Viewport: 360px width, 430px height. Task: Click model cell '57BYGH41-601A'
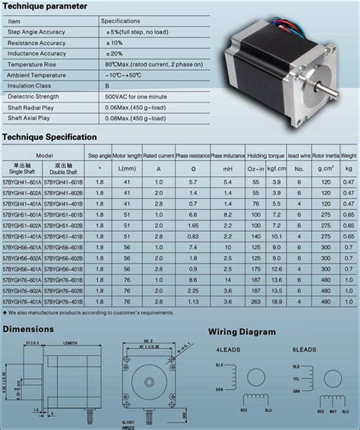click(x=22, y=183)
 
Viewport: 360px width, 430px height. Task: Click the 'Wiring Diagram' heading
click(x=243, y=332)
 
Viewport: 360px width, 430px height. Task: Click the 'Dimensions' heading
click(x=28, y=329)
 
